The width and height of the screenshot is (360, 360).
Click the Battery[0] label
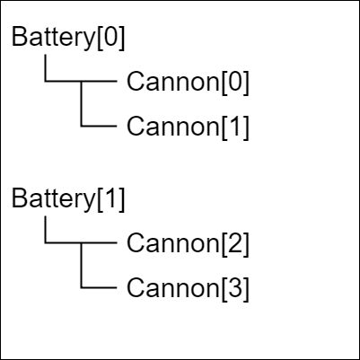pyautogui.click(x=68, y=38)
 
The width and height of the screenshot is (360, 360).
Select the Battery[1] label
pyautogui.click(x=68, y=199)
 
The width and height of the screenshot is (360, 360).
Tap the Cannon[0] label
pyautogui.click(x=188, y=82)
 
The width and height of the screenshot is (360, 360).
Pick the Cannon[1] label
pyautogui.click(x=188, y=127)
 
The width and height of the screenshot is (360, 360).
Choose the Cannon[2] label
pyautogui.click(x=188, y=243)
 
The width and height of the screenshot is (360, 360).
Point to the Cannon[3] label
pyautogui.click(x=188, y=288)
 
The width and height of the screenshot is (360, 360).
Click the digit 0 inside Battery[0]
pyautogui.click(x=110, y=37)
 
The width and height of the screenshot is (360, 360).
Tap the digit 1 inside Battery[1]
pyautogui.click(x=110, y=198)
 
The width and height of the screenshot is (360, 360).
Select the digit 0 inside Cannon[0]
pyautogui.click(x=235, y=82)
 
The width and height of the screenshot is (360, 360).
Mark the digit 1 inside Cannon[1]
pyautogui.click(x=234, y=127)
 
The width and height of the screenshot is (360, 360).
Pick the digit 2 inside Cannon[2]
pyautogui.click(x=235, y=243)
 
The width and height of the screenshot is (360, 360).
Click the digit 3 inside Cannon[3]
pyautogui.click(x=235, y=288)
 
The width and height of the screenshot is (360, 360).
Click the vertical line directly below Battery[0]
pyautogui.click(x=45, y=68)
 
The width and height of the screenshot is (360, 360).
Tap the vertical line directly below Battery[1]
pyautogui.click(x=45, y=230)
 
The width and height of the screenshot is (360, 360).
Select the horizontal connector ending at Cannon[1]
pyautogui.click(x=99, y=126)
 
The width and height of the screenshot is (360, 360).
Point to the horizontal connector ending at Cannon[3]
pyautogui.click(x=99, y=287)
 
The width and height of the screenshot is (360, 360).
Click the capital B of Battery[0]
pyautogui.click(x=19, y=37)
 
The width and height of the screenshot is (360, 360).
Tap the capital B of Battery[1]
pyautogui.click(x=19, y=198)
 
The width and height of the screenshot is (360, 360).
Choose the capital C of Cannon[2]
pyautogui.click(x=136, y=243)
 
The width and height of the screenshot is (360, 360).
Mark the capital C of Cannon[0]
pyautogui.click(x=136, y=82)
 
